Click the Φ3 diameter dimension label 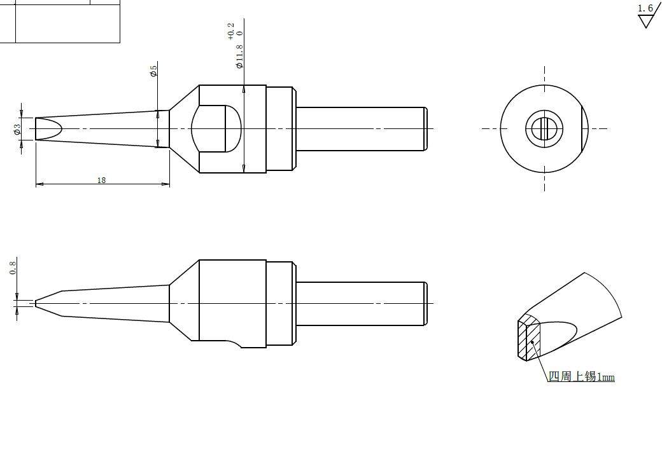point(17,129)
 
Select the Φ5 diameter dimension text point(153,69)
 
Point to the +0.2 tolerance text point(230,32)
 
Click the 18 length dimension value point(101,181)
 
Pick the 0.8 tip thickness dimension point(13,268)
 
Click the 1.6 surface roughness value point(645,8)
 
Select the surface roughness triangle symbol point(645,22)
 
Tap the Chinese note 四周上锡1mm point(581,376)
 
